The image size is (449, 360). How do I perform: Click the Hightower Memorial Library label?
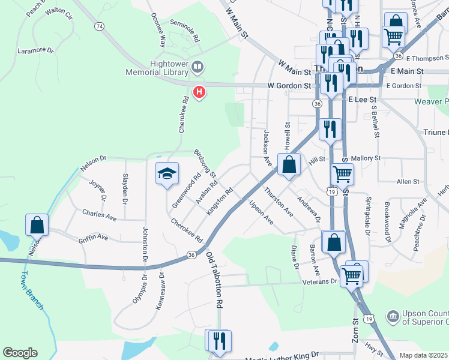(159, 67)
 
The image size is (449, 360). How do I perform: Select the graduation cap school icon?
(167, 174)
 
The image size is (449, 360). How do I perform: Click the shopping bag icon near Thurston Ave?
(289, 164)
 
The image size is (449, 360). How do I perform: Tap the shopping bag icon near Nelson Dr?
(37, 224)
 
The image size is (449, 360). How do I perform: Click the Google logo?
(20, 353)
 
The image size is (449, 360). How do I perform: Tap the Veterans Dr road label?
(320, 281)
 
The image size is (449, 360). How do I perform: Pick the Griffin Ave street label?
(93, 238)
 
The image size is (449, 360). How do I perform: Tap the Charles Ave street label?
(99, 214)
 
